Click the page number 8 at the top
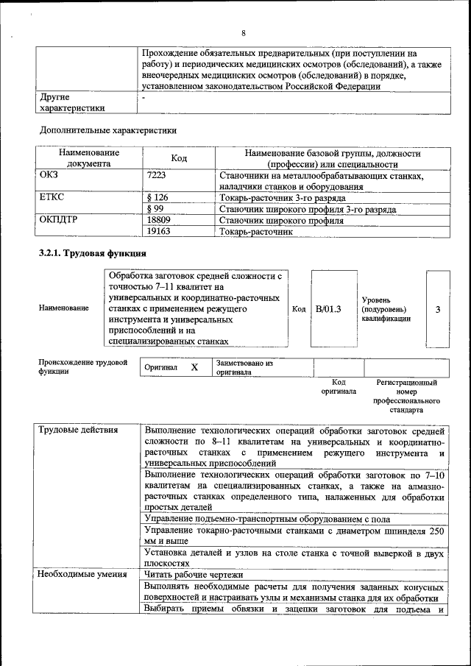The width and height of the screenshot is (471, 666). [243, 32]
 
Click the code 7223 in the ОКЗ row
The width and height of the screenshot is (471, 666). [157, 176]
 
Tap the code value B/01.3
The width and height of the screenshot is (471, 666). [328, 309]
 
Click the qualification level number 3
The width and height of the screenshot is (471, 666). [437, 309]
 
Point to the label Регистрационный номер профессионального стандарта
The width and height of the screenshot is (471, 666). [406, 396]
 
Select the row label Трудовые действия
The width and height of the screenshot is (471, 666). [75, 430]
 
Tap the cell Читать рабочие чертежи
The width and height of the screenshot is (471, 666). [194, 574]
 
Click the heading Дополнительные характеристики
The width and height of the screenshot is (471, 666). [108, 130]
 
